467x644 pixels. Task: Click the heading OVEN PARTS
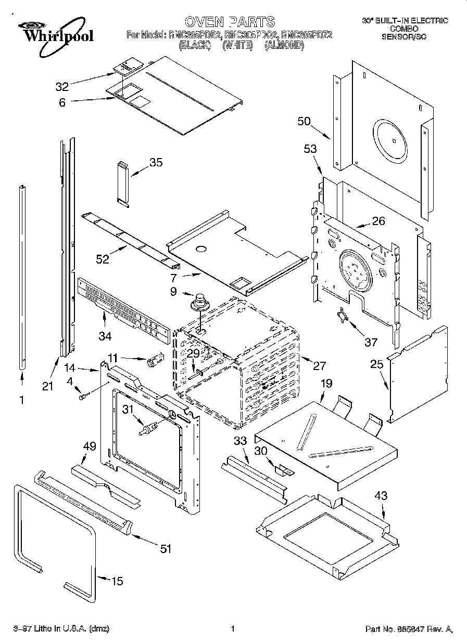pyautogui.click(x=230, y=21)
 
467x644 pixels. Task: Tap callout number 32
pyautogui.click(x=62, y=86)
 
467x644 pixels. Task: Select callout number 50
pyautogui.click(x=304, y=122)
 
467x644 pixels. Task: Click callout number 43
pyautogui.click(x=381, y=496)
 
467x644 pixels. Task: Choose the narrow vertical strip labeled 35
pyautogui.click(x=123, y=183)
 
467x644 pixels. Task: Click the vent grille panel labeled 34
pyautogui.click(x=123, y=311)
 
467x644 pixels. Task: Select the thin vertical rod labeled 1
pyautogui.click(x=22, y=275)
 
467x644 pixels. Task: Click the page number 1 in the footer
pyautogui.click(x=233, y=628)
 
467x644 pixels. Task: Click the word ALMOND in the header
pyautogui.click(x=284, y=45)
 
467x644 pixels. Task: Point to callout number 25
pyautogui.click(x=376, y=365)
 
